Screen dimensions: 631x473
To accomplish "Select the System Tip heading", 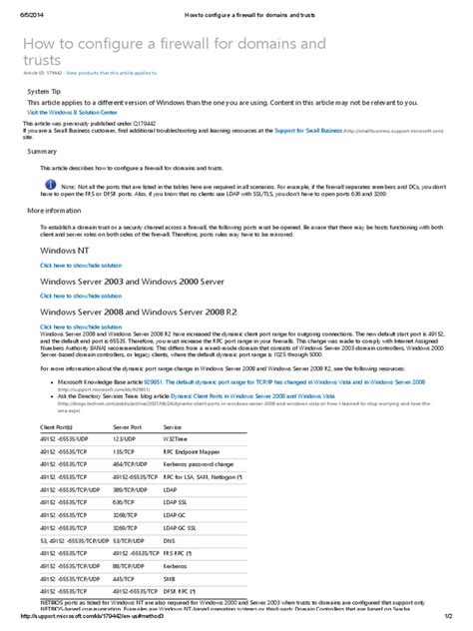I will (46, 91).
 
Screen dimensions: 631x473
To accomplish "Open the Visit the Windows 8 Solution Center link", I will (71, 113).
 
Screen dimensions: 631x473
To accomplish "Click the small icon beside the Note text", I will (52, 187).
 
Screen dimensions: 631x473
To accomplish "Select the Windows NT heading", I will (64, 249).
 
